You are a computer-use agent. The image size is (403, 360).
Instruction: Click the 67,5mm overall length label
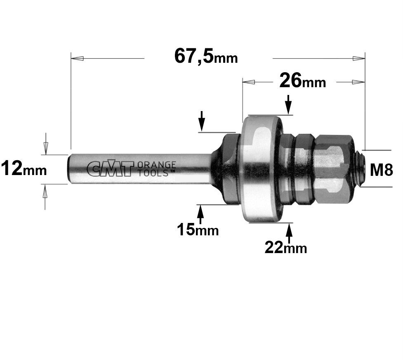coord(206,57)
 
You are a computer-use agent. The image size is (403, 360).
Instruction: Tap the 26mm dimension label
coord(302,81)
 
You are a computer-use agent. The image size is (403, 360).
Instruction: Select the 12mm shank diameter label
coord(24,168)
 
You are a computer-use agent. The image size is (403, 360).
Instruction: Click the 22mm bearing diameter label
coord(286,247)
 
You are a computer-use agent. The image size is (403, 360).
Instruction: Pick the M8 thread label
coord(382,170)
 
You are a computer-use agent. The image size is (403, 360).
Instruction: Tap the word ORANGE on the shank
coord(157,165)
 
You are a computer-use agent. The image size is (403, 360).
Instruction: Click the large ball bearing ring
coord(262,169)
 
